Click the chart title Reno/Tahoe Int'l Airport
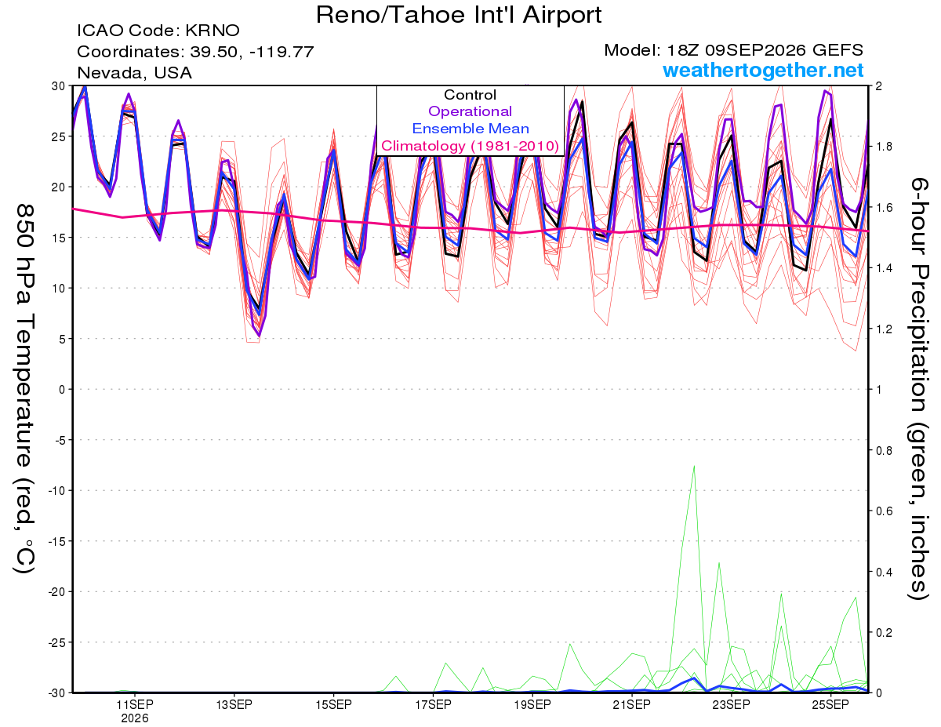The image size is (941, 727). (x=459, y=16)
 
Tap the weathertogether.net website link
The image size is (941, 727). (x=763, y=70)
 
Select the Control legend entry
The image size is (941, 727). (x=470, y=95)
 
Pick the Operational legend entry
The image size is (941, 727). (x=470, y=111)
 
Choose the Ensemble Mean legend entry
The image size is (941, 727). (x=470, y=129)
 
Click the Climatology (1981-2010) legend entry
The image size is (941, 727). (x=470, y=146)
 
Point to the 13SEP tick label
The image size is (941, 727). (x=234, y=704)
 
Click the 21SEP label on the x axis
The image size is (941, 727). (x=631, y=704)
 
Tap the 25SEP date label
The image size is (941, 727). (x=830, y=704)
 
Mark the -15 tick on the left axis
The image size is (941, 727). (x=56, y=541)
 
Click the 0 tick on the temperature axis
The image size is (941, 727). (x=63, y=390)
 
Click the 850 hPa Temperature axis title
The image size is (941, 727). (x=24, y=389)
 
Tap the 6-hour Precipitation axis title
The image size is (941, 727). (x=918, y=388)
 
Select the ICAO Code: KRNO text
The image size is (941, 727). (x=158, y=31)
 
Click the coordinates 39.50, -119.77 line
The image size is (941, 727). (x=195, y=52)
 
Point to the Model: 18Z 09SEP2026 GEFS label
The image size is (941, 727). (x=733, y=50)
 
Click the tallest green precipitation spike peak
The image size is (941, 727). (x=694, y=466)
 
